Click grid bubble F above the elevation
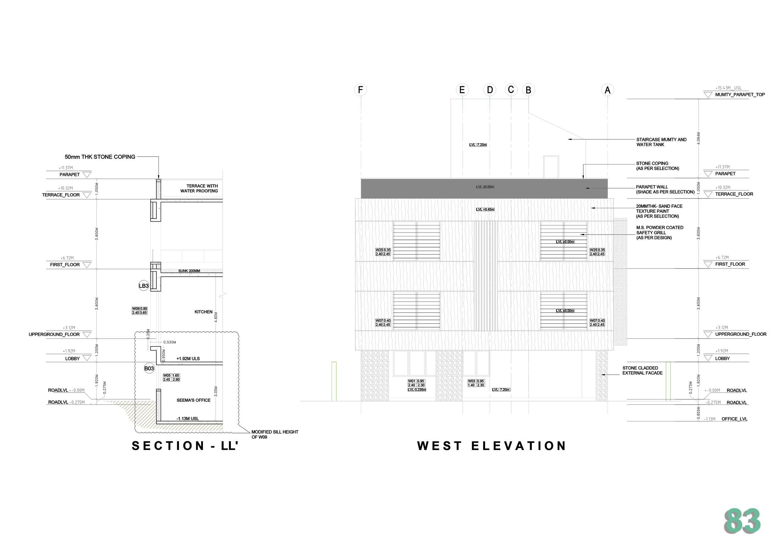360,90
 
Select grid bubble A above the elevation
607,90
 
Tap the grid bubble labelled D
490,90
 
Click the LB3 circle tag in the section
143,286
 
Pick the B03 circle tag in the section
149,368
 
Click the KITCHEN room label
203,312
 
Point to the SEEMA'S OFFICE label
193,400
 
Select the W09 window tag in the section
139,311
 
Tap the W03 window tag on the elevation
476,383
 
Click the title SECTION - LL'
185,446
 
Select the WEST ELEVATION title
492,446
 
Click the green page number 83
742,521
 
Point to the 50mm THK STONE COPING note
100,157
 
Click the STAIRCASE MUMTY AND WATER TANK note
661,142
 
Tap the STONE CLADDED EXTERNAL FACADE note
642,370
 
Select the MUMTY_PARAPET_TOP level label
740,95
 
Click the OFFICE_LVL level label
734,419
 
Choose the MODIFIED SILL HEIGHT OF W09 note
274,434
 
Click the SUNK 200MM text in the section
189,271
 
